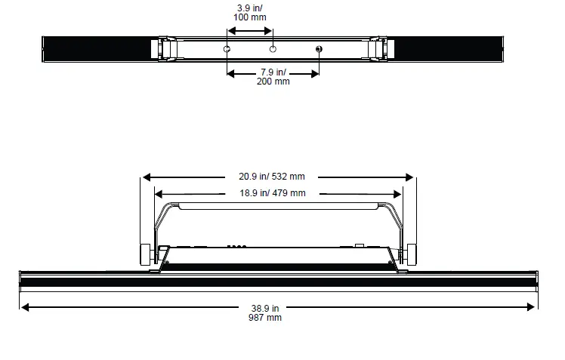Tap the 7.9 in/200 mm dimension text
coord(274,77)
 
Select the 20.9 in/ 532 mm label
coord(277,177)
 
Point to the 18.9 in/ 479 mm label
coord(273,193)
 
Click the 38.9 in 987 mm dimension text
coord(266,312)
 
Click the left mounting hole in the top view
coord(227,49)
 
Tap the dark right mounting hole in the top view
coord(318,50)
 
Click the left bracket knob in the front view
coord(144,255)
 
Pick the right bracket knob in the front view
coord(412,255)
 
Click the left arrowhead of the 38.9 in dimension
coord(26,307)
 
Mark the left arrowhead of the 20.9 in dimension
coord(147,177)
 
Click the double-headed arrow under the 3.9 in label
coord(250,31)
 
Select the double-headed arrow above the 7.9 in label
coord(273,73)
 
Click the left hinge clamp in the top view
coord(159,49)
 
